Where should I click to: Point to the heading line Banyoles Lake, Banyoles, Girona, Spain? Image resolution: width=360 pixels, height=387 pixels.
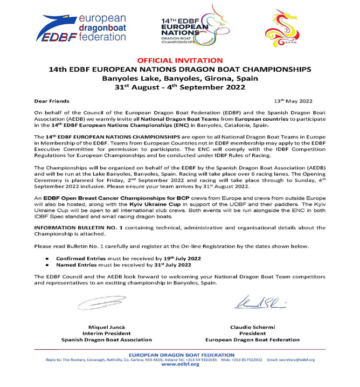coord(179,79)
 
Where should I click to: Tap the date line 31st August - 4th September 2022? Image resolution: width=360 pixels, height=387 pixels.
coord(179,89)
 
